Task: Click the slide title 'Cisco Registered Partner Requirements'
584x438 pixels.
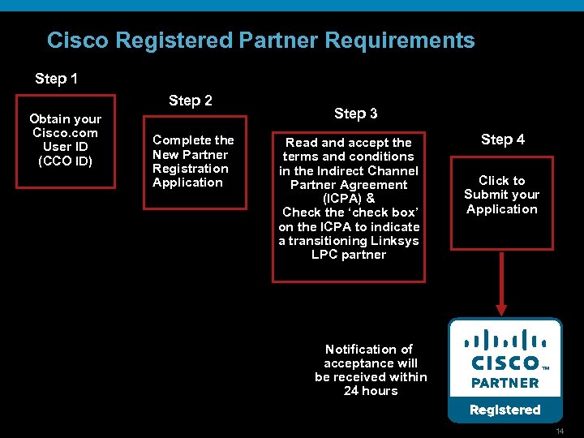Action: (260, 41)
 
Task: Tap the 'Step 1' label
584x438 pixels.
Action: (57, 79)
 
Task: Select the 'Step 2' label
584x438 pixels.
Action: (191, 101)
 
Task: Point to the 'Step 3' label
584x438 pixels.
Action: (355, 114)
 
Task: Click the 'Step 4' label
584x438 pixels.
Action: (502, 140)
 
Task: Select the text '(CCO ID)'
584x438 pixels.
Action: (66, 161)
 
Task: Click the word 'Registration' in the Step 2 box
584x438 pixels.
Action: (191, 169)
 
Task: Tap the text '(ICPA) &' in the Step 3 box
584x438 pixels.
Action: (348, 199)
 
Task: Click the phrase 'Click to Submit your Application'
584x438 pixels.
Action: (502, 195)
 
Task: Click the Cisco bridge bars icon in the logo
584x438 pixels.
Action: (505, 339)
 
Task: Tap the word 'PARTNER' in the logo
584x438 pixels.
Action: (505, 383)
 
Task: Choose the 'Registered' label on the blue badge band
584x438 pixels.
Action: (505, 410)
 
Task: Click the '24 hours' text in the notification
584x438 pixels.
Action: (371, 391)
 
